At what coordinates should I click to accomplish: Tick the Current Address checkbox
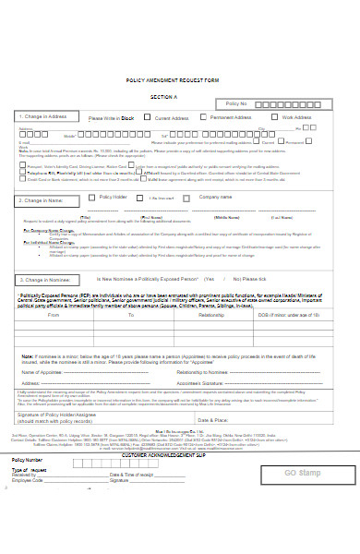pyautogui.click(x=150, y=118)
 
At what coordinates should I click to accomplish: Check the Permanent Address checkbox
pyautogui.click(x=206, y=118)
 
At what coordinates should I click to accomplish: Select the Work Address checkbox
pyautogui.click(x=275, y=118)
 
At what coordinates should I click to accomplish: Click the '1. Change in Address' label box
pyautogui.click(x=43, y=116)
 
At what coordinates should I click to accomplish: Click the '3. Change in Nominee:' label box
pyautogui.click(x=51, y=253)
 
